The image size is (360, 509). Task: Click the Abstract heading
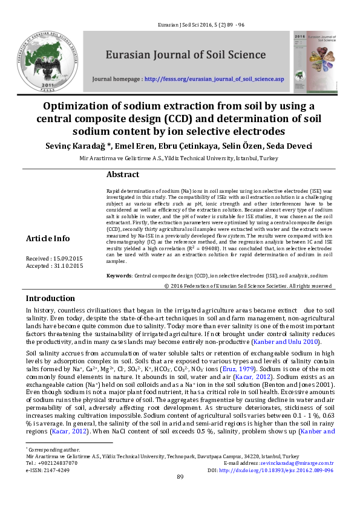point(123,175)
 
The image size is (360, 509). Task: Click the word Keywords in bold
point(119,275)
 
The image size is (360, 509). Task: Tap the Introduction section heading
point(50,299)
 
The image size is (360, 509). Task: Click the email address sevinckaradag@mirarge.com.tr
point(298,463)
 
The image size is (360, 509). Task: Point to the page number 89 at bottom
point(180,494)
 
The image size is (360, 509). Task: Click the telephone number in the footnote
point(60,463)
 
